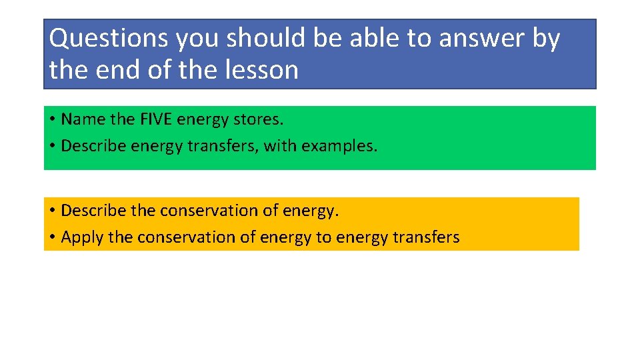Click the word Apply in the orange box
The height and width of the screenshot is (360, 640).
pyautogui.click(x=81, y=237)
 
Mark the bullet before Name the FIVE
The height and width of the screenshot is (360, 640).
pyautogui.click(x=52, y=120)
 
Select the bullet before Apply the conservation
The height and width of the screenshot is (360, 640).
pyautogui.click(x=52, y=238)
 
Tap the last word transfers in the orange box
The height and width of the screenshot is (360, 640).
pyautogui.click(x=427, y=237)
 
